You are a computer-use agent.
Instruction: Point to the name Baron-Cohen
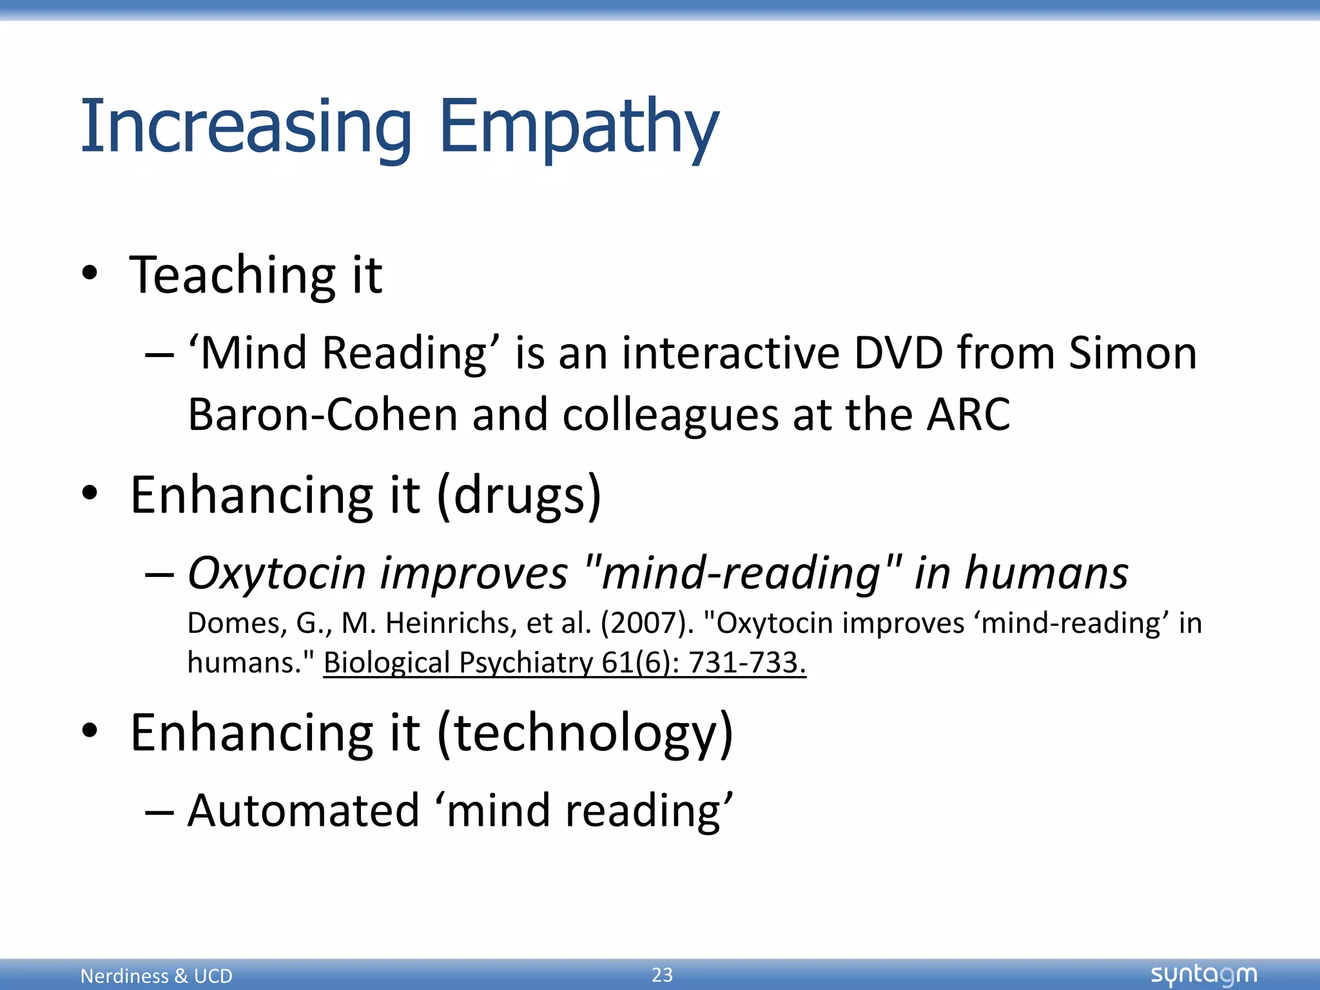[322, 414]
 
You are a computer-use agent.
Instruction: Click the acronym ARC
[968, 414]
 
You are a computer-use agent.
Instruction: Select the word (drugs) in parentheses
[519, 496]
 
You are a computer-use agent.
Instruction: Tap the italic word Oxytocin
[277, 573]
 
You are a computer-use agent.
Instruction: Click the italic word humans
[1046, 573]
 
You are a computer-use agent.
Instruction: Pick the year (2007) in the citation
[647, 623]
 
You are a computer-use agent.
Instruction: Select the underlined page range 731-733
[747, 663]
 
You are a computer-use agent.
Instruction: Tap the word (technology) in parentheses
[585, 733]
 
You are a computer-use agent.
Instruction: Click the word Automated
[304, 810]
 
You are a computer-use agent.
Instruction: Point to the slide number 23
[662, 975]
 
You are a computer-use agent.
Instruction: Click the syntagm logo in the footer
[1203, 975]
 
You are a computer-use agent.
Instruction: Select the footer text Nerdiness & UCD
[156, 976]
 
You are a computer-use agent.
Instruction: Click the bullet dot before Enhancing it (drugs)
[90, 494]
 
